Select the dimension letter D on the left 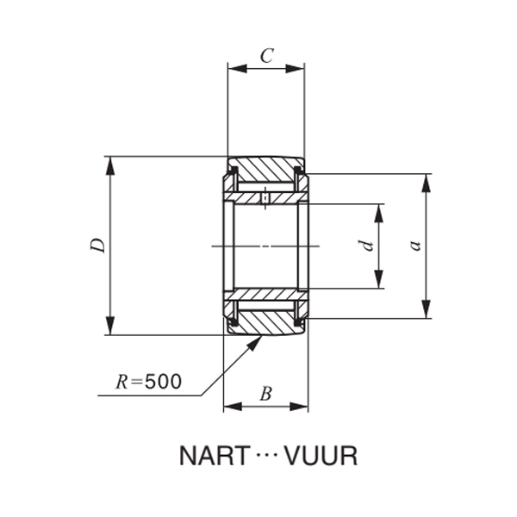click(100, 245)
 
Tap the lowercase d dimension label click(368, 245)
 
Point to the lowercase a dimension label click(415, 245)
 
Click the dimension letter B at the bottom click(265, 394)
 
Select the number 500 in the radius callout click(163, 381)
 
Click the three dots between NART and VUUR click(266, 456)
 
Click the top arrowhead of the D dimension click(109, 164)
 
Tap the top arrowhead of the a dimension click(425, 182)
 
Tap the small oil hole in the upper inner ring click(265, 198)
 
